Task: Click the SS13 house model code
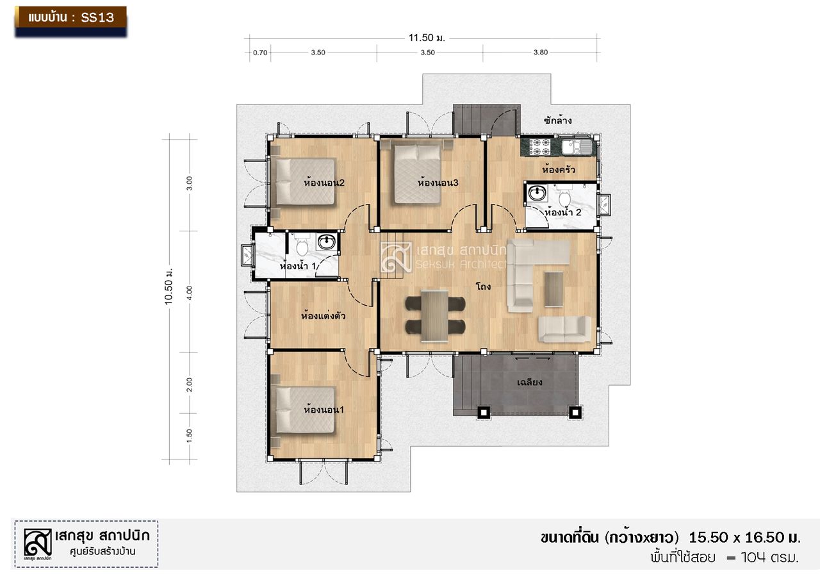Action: coord(97,17)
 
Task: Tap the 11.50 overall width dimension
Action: coord(427,38)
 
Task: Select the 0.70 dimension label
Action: coord(260,53)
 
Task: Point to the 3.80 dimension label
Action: coord(541,53)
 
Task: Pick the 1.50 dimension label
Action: coord(189,436)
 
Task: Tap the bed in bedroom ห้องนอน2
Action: coord(306,181)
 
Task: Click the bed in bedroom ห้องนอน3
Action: coord(417,174)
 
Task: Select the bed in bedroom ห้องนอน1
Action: coord(306,410)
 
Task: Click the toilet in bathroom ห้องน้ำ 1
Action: coord(302,246)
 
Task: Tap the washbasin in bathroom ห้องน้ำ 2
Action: coord(537,193)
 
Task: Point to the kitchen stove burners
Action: coord(537,147)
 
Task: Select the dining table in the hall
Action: coord(435,315)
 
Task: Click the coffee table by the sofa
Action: coord(554,289)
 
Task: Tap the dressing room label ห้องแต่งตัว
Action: coord(324,315)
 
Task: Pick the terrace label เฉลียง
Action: coord(529,382)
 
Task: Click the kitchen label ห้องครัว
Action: coord(558,170)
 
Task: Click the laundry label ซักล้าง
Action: coord(557,120)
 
